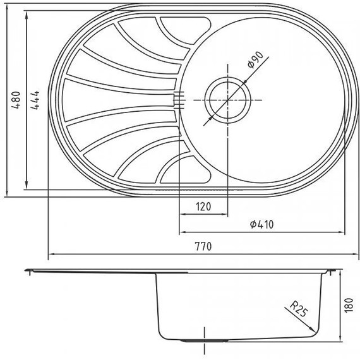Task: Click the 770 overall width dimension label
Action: click(201, 246)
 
